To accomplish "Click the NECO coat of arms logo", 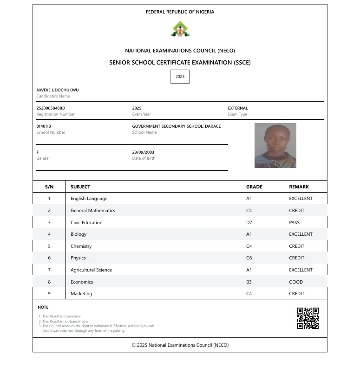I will click(x=180, y=29).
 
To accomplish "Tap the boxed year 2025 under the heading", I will click(x=180, y=77).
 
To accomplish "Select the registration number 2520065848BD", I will click(x=51, y=108).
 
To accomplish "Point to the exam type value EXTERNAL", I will click(x=238, y=108).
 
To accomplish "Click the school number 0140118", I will click(x=44, y=126).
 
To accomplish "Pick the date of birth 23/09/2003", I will click(x=143, y=152).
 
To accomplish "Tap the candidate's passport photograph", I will click(x=275, y=145).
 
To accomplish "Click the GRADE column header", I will click(x=254, y=187).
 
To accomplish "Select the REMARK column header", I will click(x=299, y=187).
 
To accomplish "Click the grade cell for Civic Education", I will click(x=249, y=222).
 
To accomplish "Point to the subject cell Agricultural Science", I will click(x=91, y=270).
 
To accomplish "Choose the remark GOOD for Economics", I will click(x=296, y=282).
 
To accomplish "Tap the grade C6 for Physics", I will click(x=249, y=258).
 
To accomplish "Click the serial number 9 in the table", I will click(x=49, y=293).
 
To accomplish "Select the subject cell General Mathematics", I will click(x=92, y=210).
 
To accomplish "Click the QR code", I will click(x=308, y=318).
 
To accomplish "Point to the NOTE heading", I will click(x=43, y=307).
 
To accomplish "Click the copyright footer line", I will click(x=180, y=345).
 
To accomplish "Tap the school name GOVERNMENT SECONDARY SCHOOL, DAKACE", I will click(x=177, y=126).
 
